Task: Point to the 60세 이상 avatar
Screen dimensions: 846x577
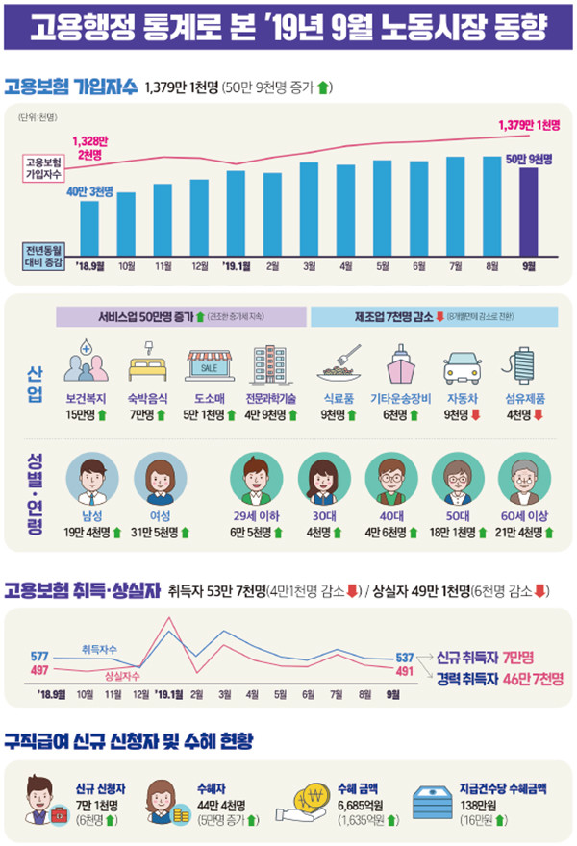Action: (x=525, y=475)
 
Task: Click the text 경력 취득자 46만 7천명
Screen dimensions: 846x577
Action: (x=499, y=678)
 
